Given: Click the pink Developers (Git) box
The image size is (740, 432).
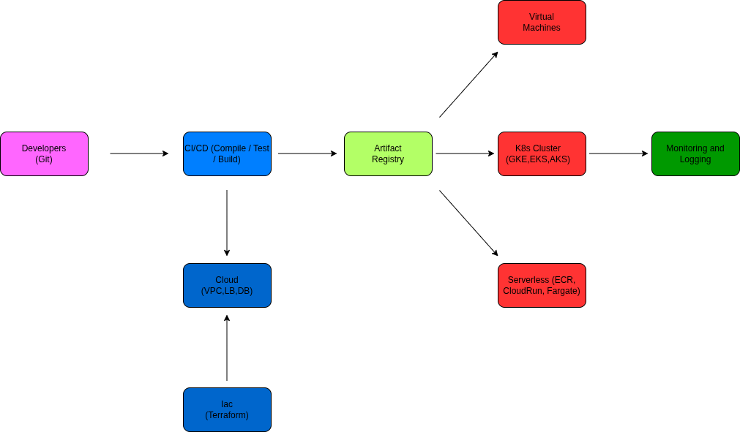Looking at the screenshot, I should (x=44, y=154).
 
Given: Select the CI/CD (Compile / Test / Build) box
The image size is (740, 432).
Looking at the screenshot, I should (x=227, y=154).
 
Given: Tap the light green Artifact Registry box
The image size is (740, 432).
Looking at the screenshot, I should (x=388, y=154).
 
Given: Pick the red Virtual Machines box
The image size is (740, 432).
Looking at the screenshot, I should (x=542, y=22).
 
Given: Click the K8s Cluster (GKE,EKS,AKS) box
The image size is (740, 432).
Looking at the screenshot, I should (x=542, y=154).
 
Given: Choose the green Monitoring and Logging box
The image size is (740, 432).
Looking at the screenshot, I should (x=695, y=154).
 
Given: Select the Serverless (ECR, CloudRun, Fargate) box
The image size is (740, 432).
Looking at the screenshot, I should (x=542, y=285).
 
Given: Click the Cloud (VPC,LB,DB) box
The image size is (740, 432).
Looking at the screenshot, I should (x=227, y=285).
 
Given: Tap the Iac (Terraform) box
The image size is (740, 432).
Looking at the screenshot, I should (x=227, y=409).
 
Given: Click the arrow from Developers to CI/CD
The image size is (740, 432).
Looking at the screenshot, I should (x=139, y=154).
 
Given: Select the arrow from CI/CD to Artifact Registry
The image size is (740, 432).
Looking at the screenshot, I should (x=307, y=154).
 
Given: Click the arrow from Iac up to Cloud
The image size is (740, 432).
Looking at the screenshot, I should (x=227, y=348).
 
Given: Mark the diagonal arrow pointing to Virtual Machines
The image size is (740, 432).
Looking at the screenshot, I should (x=468, y=84).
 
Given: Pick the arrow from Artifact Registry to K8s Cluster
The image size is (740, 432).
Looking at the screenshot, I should (x=465, y=154).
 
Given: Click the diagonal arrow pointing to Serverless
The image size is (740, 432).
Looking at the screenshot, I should (x=468, y=223).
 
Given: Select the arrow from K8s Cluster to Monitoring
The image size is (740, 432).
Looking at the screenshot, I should (x=618, y=154).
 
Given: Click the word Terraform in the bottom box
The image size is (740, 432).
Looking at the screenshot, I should (x=227, y=415).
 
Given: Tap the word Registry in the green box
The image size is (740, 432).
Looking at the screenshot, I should (x=388, y=159).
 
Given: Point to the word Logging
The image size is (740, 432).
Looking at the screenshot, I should (x=695, y=159).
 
